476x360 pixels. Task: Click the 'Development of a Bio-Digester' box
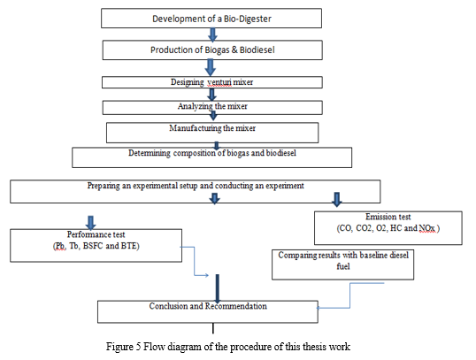point(211,19)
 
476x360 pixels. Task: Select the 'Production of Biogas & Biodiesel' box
point(212,50)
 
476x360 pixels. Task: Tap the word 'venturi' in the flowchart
point(219,82)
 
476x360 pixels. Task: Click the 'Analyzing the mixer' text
point(212,106)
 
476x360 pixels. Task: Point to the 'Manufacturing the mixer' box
point(212,133)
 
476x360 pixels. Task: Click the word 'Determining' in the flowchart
point(150,153)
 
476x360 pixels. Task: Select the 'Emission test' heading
point(388,217)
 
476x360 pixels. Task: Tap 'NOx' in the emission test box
point(426,228)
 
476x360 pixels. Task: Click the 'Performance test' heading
point(96,234)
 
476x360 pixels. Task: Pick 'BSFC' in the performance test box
point(93,246)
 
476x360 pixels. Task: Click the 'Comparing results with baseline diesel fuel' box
point(342,264)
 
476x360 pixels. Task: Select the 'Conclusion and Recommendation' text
point(208,306)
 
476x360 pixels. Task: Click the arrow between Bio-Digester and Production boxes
point(212,34)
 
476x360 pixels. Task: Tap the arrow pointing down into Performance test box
point(90,223)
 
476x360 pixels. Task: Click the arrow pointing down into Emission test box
point(337,199)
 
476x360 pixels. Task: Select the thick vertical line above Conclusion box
point(218,287)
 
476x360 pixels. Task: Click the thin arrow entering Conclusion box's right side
point(350,296)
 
